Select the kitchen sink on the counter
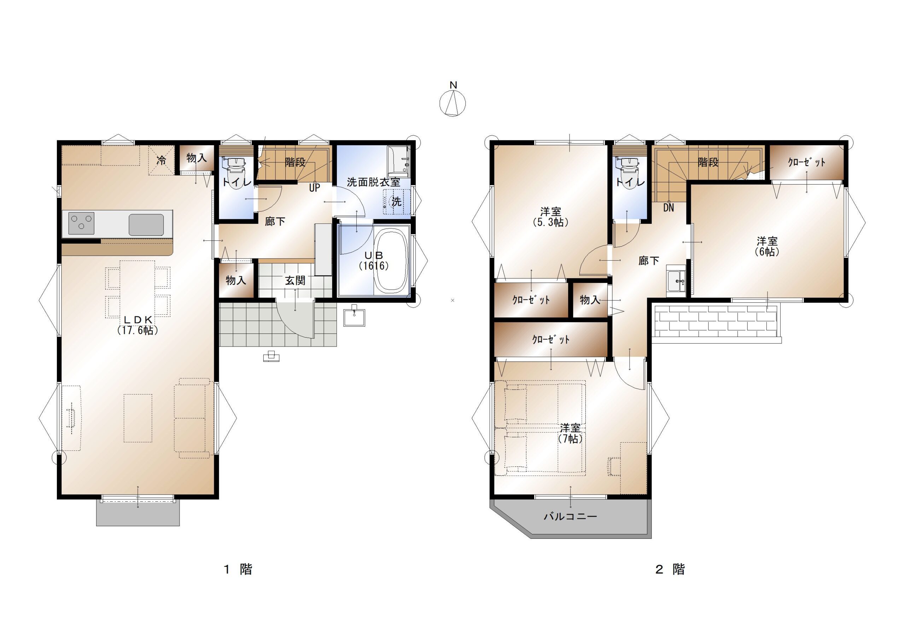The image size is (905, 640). pos(146,225)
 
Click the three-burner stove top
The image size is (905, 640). pos(81,223)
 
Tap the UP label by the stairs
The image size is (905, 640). pos(315,188)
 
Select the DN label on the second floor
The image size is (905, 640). pos(668,208)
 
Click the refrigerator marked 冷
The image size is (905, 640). pos(161,160)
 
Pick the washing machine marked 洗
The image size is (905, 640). pos(397,202)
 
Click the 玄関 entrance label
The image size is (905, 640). pos(295,280)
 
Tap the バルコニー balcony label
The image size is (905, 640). pos(570,516)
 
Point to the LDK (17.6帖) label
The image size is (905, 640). pos(138,325)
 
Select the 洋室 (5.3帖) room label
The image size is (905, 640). pos(551,217)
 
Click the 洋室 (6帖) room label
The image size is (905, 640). pos(767,246)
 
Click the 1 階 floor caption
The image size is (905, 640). pos(238,569)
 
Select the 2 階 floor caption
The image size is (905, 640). pos(670,569)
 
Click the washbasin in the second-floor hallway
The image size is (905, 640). pos(676,281)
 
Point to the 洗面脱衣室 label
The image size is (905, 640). pos(373,182)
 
